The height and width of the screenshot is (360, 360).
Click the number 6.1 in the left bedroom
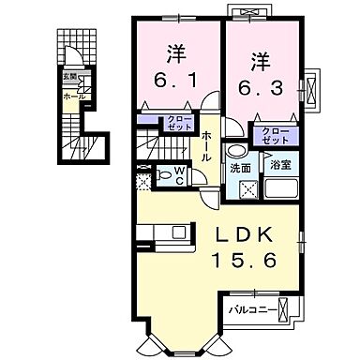click(x=175, y=82)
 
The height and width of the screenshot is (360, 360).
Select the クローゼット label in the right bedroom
click(x=274, y=135)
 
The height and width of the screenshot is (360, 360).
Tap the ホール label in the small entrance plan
click(x=71, y=96)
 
